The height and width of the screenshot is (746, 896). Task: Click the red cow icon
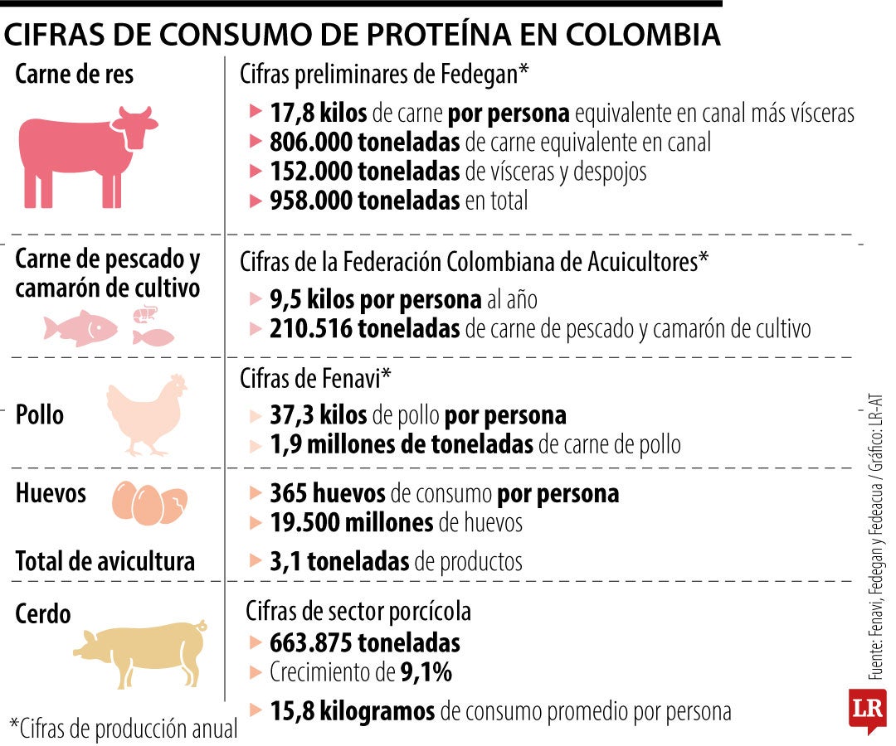87,157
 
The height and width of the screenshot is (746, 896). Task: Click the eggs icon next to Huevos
149,502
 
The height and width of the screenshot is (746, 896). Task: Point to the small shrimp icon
144,313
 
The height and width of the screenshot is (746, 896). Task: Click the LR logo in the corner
866,710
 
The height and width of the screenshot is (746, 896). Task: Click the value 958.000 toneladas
364,200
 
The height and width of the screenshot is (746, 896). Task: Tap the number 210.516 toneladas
364,329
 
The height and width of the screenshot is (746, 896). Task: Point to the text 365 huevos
327,494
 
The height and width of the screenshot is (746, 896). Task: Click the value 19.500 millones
351,523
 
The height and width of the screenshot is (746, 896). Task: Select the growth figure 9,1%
426,673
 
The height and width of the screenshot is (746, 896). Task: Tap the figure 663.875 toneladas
364,643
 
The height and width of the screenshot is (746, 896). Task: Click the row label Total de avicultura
105,561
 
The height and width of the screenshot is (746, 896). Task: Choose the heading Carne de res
75,75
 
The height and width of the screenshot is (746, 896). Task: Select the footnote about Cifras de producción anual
124,729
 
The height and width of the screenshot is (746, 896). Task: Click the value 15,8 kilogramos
352,711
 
